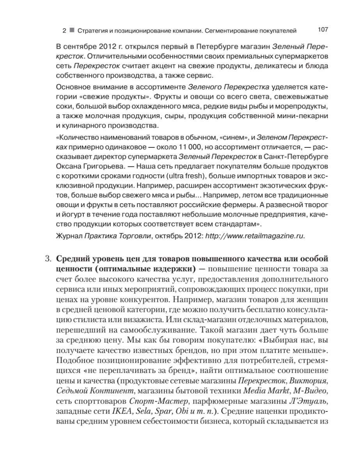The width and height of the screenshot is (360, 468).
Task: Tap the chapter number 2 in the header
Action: (64, 30)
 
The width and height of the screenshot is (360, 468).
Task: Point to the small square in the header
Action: (71, 30)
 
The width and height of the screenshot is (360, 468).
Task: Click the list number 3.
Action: (48, 259)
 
